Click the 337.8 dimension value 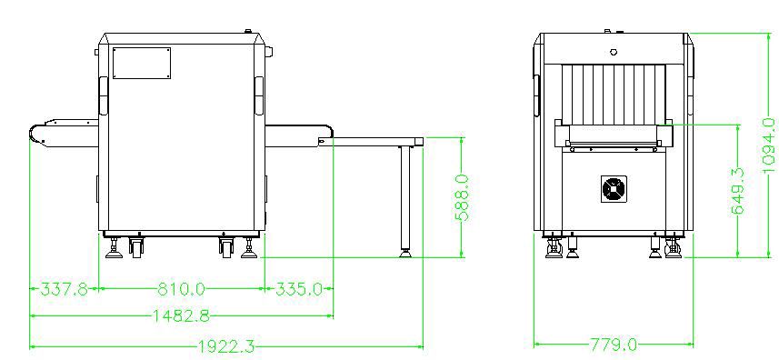pyautogui.click(x=64, y=288)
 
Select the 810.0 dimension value pyautogui.click(x=181, y=288)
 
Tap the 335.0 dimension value pyautogui.click(x=298, y=288)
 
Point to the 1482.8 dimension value pyautogui.click(x=181, y=315)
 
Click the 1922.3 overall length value pyautogui.click(x=226, y=346)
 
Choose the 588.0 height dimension pyautogui.click(x=462, y=197)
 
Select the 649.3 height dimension pyautogui.click(x=738, y=191)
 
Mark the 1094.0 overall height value pyautogui.click(x=768, y=145)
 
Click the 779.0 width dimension pyautogui.click(x=614, y=344)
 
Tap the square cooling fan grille pyautogui.click(x=614, y=189)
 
